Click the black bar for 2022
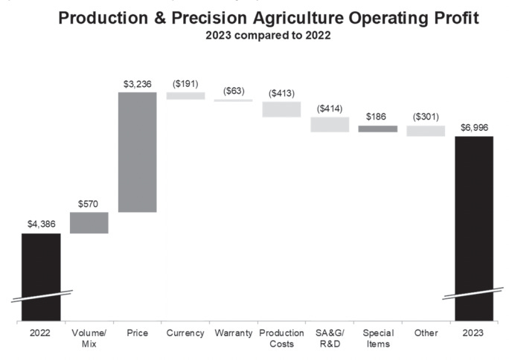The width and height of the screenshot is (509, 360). click(x=41, y=275)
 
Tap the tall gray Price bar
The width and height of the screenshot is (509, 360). click(x=137, y=152)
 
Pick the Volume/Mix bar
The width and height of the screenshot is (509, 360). click(x=89, y=222)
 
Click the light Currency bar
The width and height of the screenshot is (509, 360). click(x=185, y=95)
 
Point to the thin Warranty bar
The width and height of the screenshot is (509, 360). click(x=234, y=100)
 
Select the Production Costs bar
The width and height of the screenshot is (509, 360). click(x=281, y=109)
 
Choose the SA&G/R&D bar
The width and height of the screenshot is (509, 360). click(x=330, y=124)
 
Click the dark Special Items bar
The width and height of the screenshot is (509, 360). click(x=378, y=129)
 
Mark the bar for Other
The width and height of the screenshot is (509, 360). click(x=426, y=131)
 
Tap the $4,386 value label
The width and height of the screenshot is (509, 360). click(x=41, y=224)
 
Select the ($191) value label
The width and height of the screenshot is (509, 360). click(x=185, y=83)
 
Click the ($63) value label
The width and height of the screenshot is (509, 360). click(x=234, y=91)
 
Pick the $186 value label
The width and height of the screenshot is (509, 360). click(x=378, y=117)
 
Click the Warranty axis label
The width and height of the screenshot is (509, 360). click(x=234, y=333)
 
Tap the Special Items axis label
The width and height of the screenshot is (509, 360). click(x=378, y=338)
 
